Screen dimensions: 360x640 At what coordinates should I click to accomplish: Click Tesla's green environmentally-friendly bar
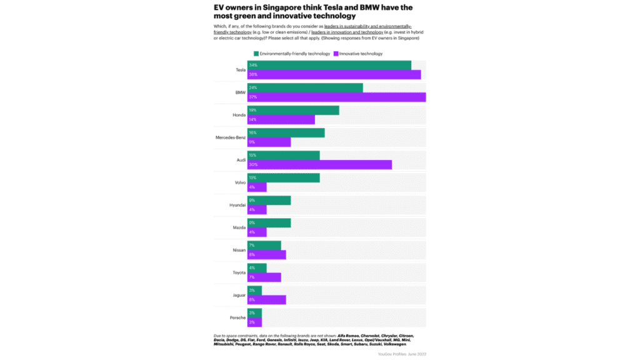tap(329, 65)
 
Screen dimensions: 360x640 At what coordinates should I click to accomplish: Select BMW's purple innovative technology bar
tap(336, 97)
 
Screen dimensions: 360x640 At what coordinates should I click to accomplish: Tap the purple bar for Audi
tap(319, 164)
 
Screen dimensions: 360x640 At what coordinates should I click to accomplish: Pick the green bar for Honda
tap(293, 110)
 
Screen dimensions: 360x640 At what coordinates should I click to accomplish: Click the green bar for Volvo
tap(283, 177)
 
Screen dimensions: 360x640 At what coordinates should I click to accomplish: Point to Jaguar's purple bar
tap(266, 299)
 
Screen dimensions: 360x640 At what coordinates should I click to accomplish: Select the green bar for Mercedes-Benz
tap(286, 132)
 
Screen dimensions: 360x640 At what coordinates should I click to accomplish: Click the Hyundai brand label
tap(237, 205)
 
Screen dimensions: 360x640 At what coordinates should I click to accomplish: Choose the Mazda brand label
tap(239, 227)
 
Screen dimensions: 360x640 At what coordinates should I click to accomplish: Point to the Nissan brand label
tap(238, 250)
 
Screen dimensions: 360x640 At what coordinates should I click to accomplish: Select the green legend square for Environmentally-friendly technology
tap(256, 54)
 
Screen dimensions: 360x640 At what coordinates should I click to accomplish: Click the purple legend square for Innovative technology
tap(336, 54)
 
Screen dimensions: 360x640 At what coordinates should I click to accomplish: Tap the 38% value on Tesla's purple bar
tap(253, 74)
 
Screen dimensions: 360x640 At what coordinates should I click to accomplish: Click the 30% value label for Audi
tap(253, 164)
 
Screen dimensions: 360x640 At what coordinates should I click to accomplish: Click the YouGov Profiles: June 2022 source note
tap(402, 354)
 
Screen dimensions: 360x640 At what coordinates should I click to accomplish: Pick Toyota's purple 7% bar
tap(264, 277)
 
